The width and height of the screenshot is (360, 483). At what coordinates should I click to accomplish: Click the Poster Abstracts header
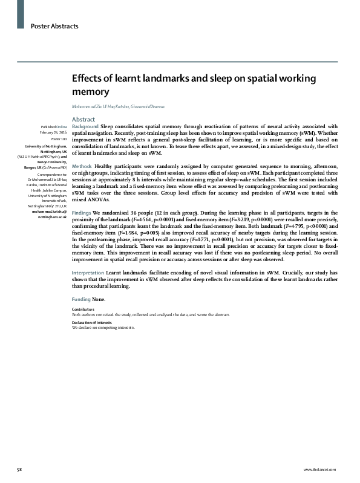[54, 26]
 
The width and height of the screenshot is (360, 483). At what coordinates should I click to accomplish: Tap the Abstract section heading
[83, 119]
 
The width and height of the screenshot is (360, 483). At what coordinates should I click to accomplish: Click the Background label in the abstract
[85, 126]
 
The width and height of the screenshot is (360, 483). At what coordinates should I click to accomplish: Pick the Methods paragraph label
[82, 166]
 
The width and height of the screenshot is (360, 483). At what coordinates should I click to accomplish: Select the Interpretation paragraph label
[88, 273]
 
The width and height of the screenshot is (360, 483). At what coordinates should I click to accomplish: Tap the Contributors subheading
[83, 310]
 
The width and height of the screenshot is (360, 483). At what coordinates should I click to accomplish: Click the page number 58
[20, 470]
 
